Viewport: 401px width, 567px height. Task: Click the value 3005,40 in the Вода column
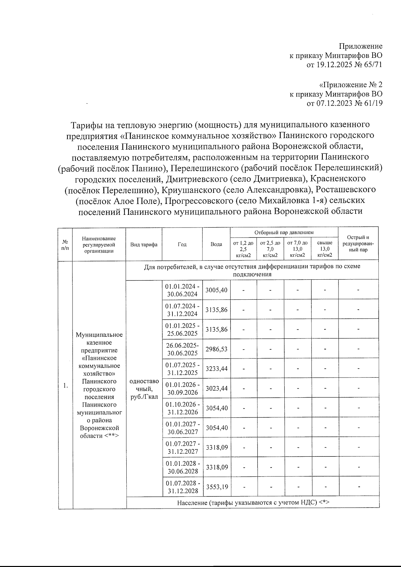pos(216,290)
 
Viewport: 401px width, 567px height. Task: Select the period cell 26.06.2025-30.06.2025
pos(182,349)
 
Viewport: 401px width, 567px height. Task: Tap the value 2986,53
pos(216,349)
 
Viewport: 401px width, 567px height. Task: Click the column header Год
pos(182,244)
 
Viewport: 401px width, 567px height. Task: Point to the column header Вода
pos(216,244)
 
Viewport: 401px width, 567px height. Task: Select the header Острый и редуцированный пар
pos(358,244)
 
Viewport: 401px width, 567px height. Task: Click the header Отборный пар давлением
pos(284,232)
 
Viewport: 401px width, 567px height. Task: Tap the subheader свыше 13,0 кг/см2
pos(324,249)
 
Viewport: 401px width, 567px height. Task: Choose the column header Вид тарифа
pos(144,244)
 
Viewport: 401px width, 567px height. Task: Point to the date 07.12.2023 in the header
pos(334,103)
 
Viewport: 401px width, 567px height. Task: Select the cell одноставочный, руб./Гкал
pos(144,389)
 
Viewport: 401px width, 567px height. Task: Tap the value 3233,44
pos(216,369)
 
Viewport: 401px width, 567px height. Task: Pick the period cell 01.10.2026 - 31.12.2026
pos(182,408)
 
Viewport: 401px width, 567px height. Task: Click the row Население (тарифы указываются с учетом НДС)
pos(253,502)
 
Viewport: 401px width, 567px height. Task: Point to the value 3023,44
pos(216,388)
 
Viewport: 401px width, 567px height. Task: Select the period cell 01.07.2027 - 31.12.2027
pos(182,447)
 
